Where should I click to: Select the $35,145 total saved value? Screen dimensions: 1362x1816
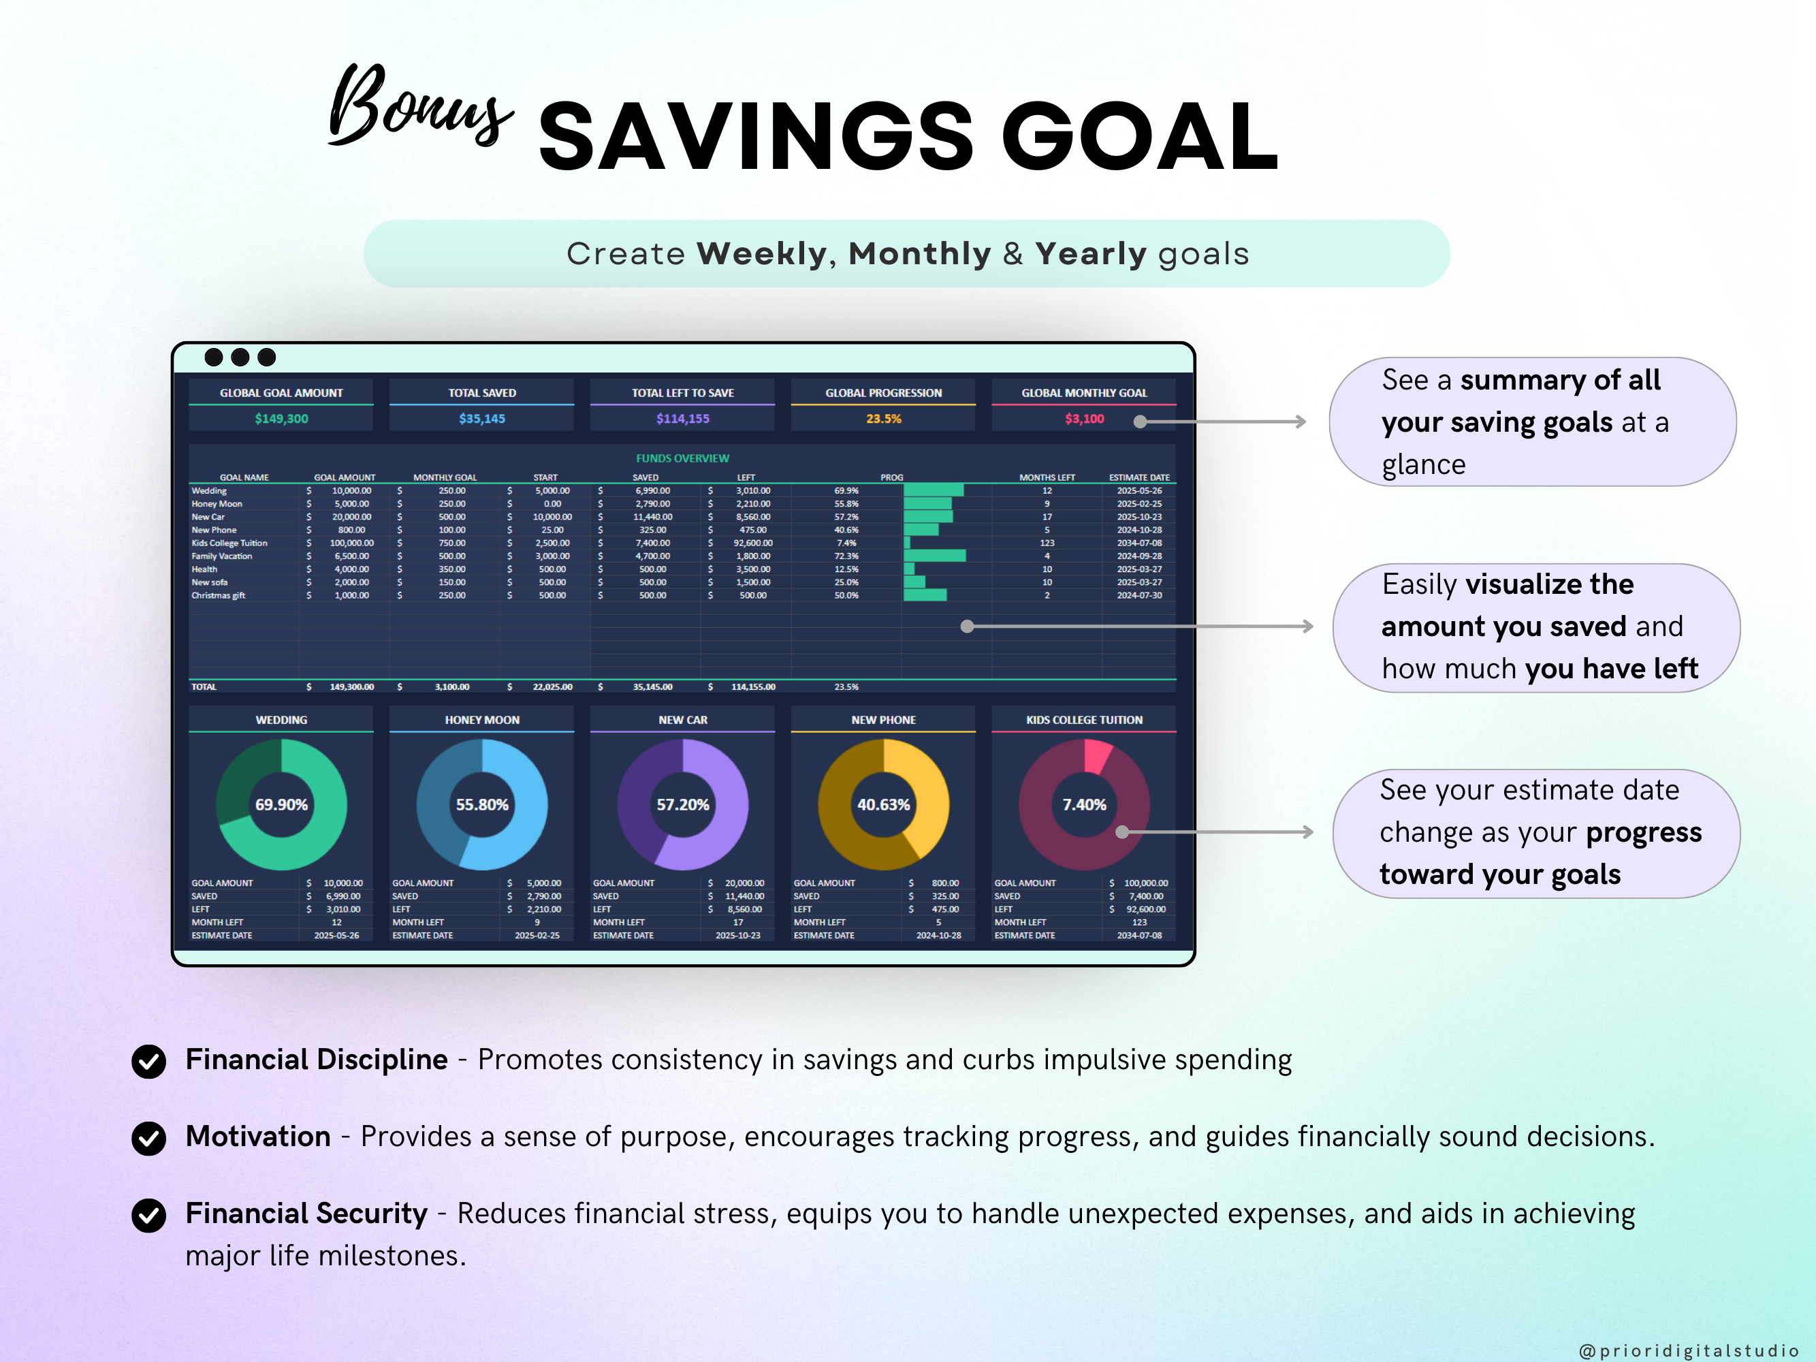(x=482, y=419)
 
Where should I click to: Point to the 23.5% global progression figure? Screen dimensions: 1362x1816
(x=883, y=419)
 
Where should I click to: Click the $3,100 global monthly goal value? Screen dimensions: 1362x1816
(x=1084, y=419)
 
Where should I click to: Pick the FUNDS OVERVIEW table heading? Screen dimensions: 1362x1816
(x=682, y=458)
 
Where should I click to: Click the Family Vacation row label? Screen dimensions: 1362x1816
(x=222, y=556)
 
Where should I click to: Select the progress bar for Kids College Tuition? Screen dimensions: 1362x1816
(x=907, y=543)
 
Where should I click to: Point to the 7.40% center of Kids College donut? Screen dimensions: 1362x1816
(x=1084, y=804)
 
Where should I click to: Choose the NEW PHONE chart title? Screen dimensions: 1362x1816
(x=883, y=720)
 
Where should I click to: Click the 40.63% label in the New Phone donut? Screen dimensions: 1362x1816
(x=883, y=804)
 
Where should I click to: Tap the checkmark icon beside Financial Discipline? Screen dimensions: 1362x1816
(x=148, y=1061)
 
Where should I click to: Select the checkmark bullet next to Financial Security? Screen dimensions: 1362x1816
(x=148, y=1215)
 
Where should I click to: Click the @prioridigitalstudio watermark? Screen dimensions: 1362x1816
(x=1688, y=1350)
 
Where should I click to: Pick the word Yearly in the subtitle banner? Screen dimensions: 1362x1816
(x=1090, y=255)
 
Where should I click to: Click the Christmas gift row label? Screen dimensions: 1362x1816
(x=219, y=595)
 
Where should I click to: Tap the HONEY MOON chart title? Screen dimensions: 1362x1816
(x=482, y=720)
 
